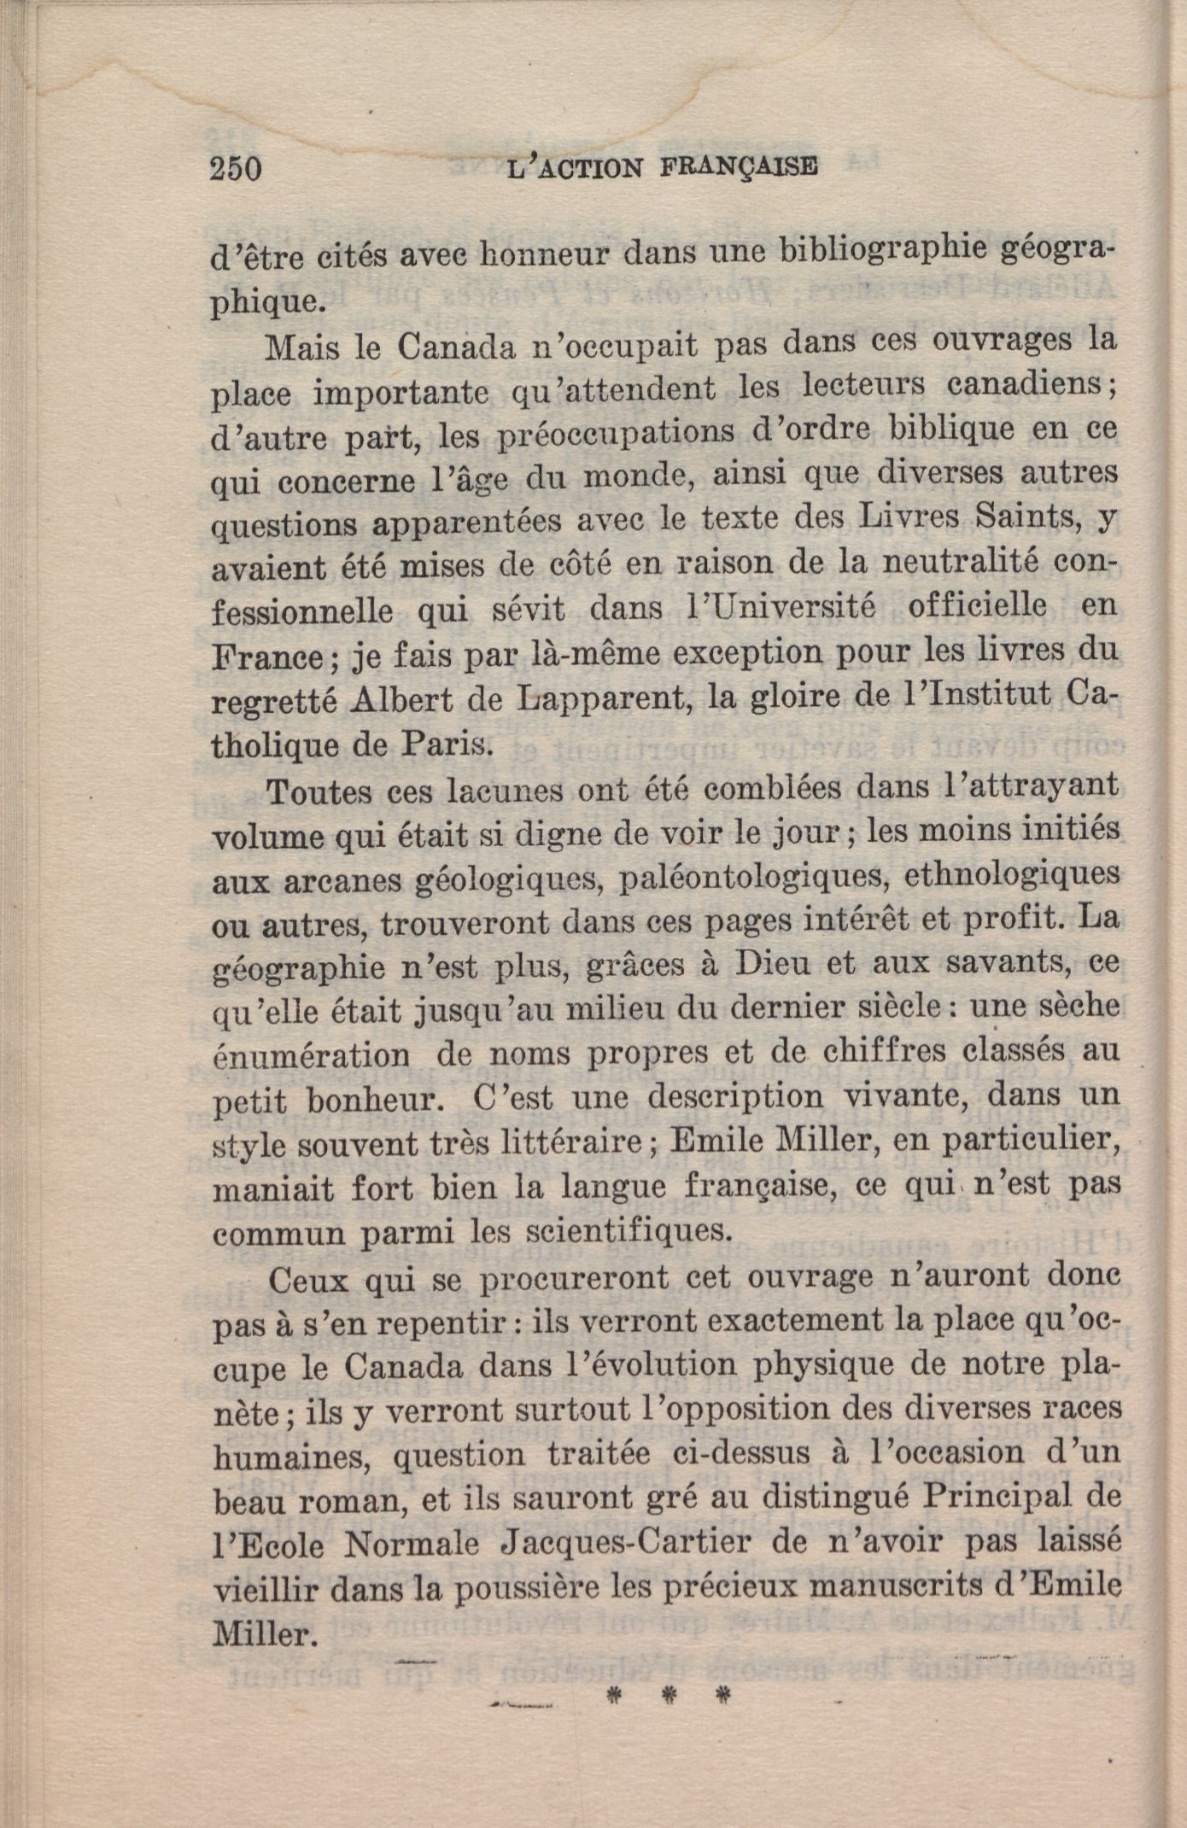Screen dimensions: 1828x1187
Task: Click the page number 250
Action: (x=236, y=168)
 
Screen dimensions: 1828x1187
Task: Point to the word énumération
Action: (x=310, y=1055)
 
